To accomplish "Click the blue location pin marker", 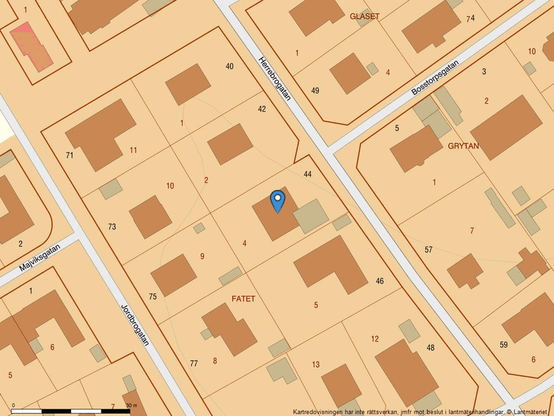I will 277,201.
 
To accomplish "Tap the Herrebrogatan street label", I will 274,79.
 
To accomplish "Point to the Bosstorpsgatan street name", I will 435,79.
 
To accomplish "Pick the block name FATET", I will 243,298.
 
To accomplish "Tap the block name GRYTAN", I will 463,145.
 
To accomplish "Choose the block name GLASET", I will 365,16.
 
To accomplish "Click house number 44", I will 308,174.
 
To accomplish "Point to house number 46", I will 380,281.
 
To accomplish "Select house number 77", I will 194,364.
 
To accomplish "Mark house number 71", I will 69,155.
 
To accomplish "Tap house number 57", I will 428,250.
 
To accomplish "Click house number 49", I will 315,90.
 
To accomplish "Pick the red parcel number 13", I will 316,365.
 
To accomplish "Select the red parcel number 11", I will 133,150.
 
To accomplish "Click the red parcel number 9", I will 202,256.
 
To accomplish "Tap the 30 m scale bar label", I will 131,406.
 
